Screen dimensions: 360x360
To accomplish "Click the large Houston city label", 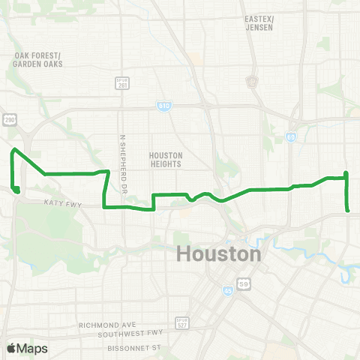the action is [x=219, y=254].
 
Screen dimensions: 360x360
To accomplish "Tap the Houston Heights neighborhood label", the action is [x=166, y=160].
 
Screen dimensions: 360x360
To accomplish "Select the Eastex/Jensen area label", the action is [x=259, y=22].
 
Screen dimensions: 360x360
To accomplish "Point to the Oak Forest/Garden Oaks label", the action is [x=37, y=60].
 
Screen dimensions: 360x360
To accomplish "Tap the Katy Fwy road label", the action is [x=61, y=202].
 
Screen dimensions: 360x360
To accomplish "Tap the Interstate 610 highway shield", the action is [x=163, y=106].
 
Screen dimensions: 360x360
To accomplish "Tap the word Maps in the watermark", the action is [x=34, y=349].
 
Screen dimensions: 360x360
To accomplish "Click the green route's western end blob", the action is [x=16, y=189].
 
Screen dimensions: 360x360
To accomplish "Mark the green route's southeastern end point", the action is [x=347, y=211].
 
